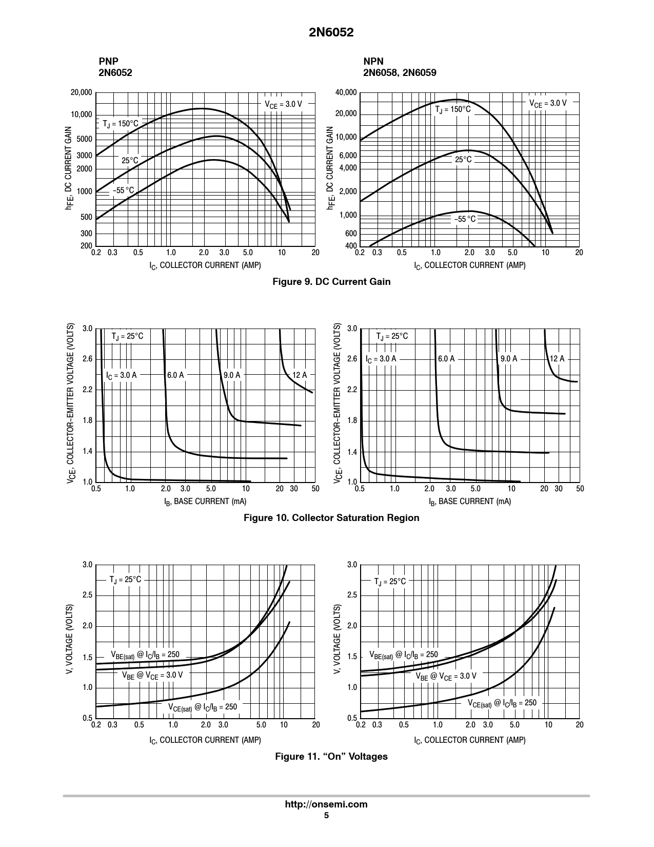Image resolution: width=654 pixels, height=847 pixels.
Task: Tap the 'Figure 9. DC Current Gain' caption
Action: click(x=331, y=281)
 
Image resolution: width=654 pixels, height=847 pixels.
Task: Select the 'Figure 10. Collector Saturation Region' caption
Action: click(x=331, y=517)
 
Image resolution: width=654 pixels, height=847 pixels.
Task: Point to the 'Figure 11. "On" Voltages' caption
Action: click(x=331, y=756)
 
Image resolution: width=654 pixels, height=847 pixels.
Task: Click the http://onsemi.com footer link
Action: click(x=326, y=804)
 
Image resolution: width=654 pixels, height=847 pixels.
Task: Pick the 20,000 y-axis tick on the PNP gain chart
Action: click(x=81, y=92)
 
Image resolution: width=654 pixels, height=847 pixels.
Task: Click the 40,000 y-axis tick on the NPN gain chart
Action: click(x=346, y=92)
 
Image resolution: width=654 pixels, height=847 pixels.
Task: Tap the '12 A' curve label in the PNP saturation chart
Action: click(x=299, y=375)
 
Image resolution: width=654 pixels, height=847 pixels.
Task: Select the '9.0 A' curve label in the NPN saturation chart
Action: click(x=508, y=359)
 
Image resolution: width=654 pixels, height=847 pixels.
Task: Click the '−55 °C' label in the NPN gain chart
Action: click(x=465, y=219)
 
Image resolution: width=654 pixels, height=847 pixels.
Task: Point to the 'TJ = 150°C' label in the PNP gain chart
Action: click(x=121, y=124)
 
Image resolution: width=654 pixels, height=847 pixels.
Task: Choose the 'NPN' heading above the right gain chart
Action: click(x=373, y=61)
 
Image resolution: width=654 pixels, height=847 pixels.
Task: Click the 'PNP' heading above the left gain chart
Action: click(x=108, y=61)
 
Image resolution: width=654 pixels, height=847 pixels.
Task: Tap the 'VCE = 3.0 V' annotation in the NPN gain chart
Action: click(x=548, y=103)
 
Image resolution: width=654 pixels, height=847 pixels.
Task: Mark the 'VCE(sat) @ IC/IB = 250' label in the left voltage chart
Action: click(x=203, y=707)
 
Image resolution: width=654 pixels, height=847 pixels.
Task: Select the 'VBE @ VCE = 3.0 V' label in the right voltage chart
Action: click(x=445, y=676)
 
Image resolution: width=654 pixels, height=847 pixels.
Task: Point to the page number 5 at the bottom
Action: click(x=326, y=815)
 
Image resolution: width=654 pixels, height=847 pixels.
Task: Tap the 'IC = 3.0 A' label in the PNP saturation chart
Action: click(x=121, y=375)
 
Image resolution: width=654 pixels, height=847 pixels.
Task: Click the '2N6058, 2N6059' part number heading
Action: click(x=400, y=72)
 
